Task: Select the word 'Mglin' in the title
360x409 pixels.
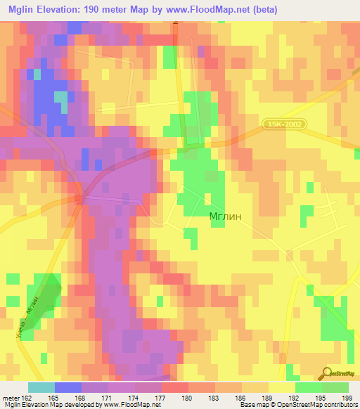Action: click(x=22, y=10)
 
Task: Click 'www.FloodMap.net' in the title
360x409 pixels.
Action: click(x=214, y=10)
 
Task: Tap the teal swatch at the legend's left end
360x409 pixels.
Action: click(x=41, y=387)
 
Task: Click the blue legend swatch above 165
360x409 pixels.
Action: click(x=67, y=387)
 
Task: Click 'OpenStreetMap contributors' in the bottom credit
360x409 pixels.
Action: click(x=316, y=405)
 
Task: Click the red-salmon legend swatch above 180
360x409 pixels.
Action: click(x=174, y=387)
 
